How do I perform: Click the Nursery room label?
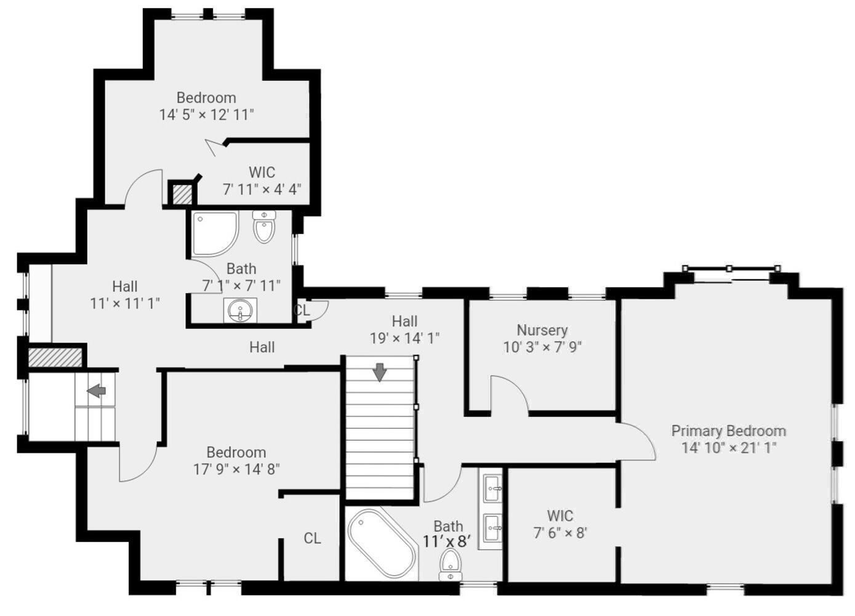pyautogui.click(x=542, y=330)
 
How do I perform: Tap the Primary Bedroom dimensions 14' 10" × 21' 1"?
pyautogui.click(x=728, y=448)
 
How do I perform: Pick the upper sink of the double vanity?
pyautogui.click(x=492, y=488)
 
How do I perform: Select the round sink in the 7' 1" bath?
pyautogui.click(x=239, y=310)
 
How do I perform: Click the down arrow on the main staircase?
pyautogui.click(x=380, y=372)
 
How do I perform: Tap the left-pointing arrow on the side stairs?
pyautogui.click(x=96, y=391)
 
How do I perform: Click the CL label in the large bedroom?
pyautogui.click(x=312, y=538)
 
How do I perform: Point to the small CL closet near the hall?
pyautogui.click(x=302, y=310)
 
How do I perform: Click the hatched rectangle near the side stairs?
pyautogui.click(x=55, y=357)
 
